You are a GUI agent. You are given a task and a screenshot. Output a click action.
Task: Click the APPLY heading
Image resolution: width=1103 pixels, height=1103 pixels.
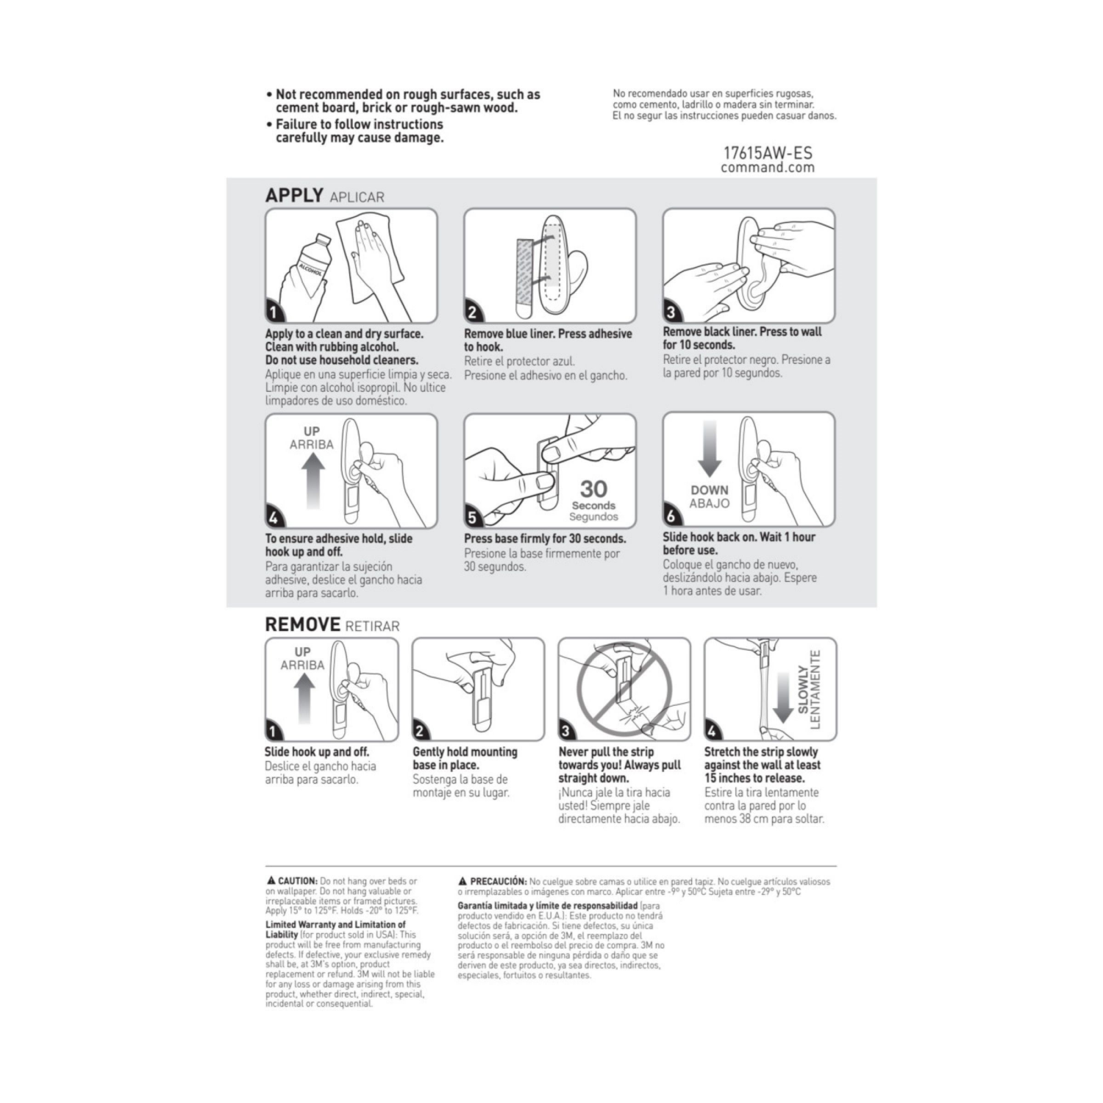(x=294, y=196)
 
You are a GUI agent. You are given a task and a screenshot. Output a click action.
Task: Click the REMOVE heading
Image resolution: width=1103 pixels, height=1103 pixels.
(x=302, y=625)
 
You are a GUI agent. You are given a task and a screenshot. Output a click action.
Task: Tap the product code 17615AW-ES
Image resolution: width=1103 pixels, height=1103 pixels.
(x=768, y=153)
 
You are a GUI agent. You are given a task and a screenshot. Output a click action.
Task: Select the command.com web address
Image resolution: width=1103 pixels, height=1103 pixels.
(x=768, y=168)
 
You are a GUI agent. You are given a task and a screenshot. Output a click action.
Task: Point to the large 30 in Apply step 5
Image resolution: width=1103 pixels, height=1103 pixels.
(x=593, y=489)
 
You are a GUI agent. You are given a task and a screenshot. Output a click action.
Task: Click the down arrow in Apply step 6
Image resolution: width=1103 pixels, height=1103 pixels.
(x=710, y=449)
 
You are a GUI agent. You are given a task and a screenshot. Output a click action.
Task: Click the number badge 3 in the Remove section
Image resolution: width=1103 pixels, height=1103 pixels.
(x=566, y=731)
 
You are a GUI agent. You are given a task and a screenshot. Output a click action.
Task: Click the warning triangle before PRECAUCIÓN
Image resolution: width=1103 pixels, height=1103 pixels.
(x=463, y=881)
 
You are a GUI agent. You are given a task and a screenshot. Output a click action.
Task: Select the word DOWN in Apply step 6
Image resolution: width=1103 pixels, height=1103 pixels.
(x=709, y=490)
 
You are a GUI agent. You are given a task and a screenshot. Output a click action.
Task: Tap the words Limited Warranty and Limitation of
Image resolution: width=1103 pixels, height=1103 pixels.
(x=335, y=925)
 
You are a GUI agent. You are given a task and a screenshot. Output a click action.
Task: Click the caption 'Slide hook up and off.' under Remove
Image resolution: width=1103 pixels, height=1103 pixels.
(x=317, y=752)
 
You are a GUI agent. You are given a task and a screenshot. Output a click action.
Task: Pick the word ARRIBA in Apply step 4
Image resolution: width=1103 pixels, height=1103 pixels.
(x=311, y=445)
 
